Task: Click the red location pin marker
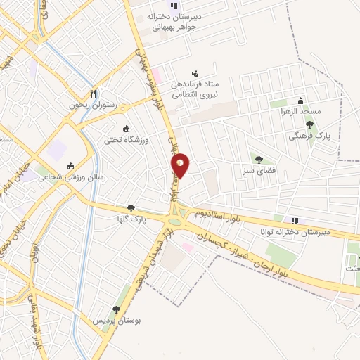point(181,165)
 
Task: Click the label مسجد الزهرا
point(300,112)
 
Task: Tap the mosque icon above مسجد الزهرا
point(300,100)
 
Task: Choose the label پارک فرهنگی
point(309,136)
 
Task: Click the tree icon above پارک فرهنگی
point(309,124)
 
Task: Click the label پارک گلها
point(131,219)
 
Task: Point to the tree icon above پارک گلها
point(131,207)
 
